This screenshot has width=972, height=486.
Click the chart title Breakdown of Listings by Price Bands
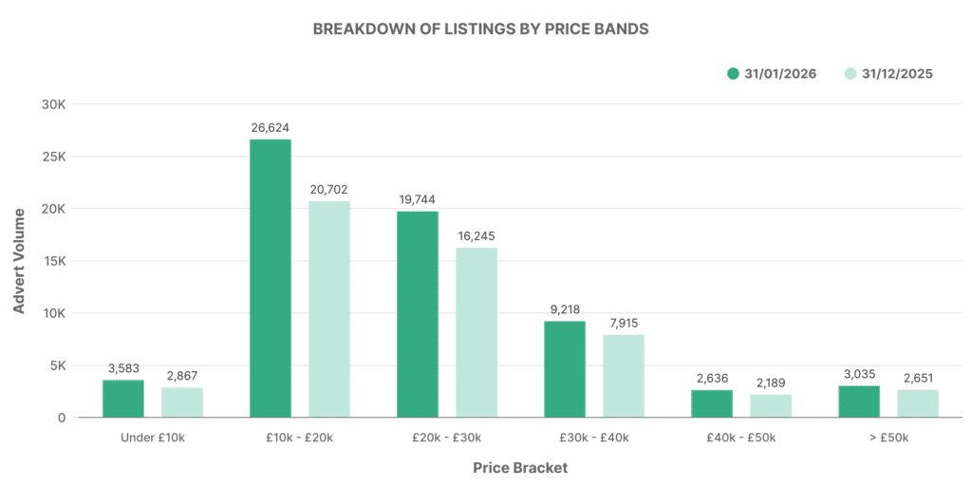480,28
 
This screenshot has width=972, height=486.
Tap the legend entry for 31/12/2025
888,74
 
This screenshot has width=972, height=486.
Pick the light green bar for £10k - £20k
328,308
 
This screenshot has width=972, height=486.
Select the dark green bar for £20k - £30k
418,314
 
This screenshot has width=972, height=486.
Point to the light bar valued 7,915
624,376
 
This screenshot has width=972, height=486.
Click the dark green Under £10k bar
123,399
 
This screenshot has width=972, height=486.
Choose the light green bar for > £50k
918,403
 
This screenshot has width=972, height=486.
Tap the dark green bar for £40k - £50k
712,403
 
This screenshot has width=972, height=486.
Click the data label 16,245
477,235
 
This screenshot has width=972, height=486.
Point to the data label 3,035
859,373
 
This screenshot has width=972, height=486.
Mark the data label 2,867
181,376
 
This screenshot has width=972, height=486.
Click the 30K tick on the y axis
53,104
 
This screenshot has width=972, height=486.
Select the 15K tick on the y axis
53,261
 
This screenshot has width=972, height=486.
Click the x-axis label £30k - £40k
594,438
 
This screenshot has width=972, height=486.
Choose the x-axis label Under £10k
153,438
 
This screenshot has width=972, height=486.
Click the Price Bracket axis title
519,468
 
